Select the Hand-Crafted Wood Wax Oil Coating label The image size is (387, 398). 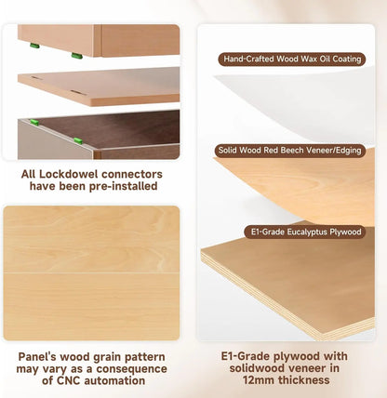(x=292, y=60)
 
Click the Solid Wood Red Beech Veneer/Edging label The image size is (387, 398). (x=290, y=151)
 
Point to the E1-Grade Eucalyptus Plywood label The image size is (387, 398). (x=305, y=232)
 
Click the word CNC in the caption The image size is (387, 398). (x=69, y=380)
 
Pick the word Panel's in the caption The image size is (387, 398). (x=37, y=357)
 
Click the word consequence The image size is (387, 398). (x=131, y=369)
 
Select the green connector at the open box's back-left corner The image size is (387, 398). (x=34, y=122)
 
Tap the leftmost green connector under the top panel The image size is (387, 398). (x=34, y=46)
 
